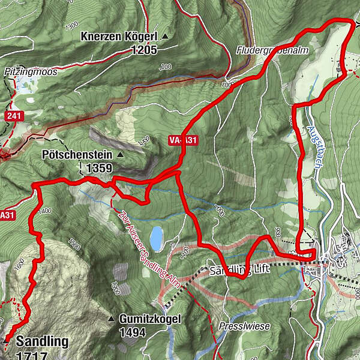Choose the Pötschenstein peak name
click(77, 155)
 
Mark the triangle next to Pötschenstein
click(119, 155)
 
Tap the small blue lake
click(156, 238)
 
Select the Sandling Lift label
click(239, 270)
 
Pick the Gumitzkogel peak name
click(149, 319)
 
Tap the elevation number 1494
click(133, 332)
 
